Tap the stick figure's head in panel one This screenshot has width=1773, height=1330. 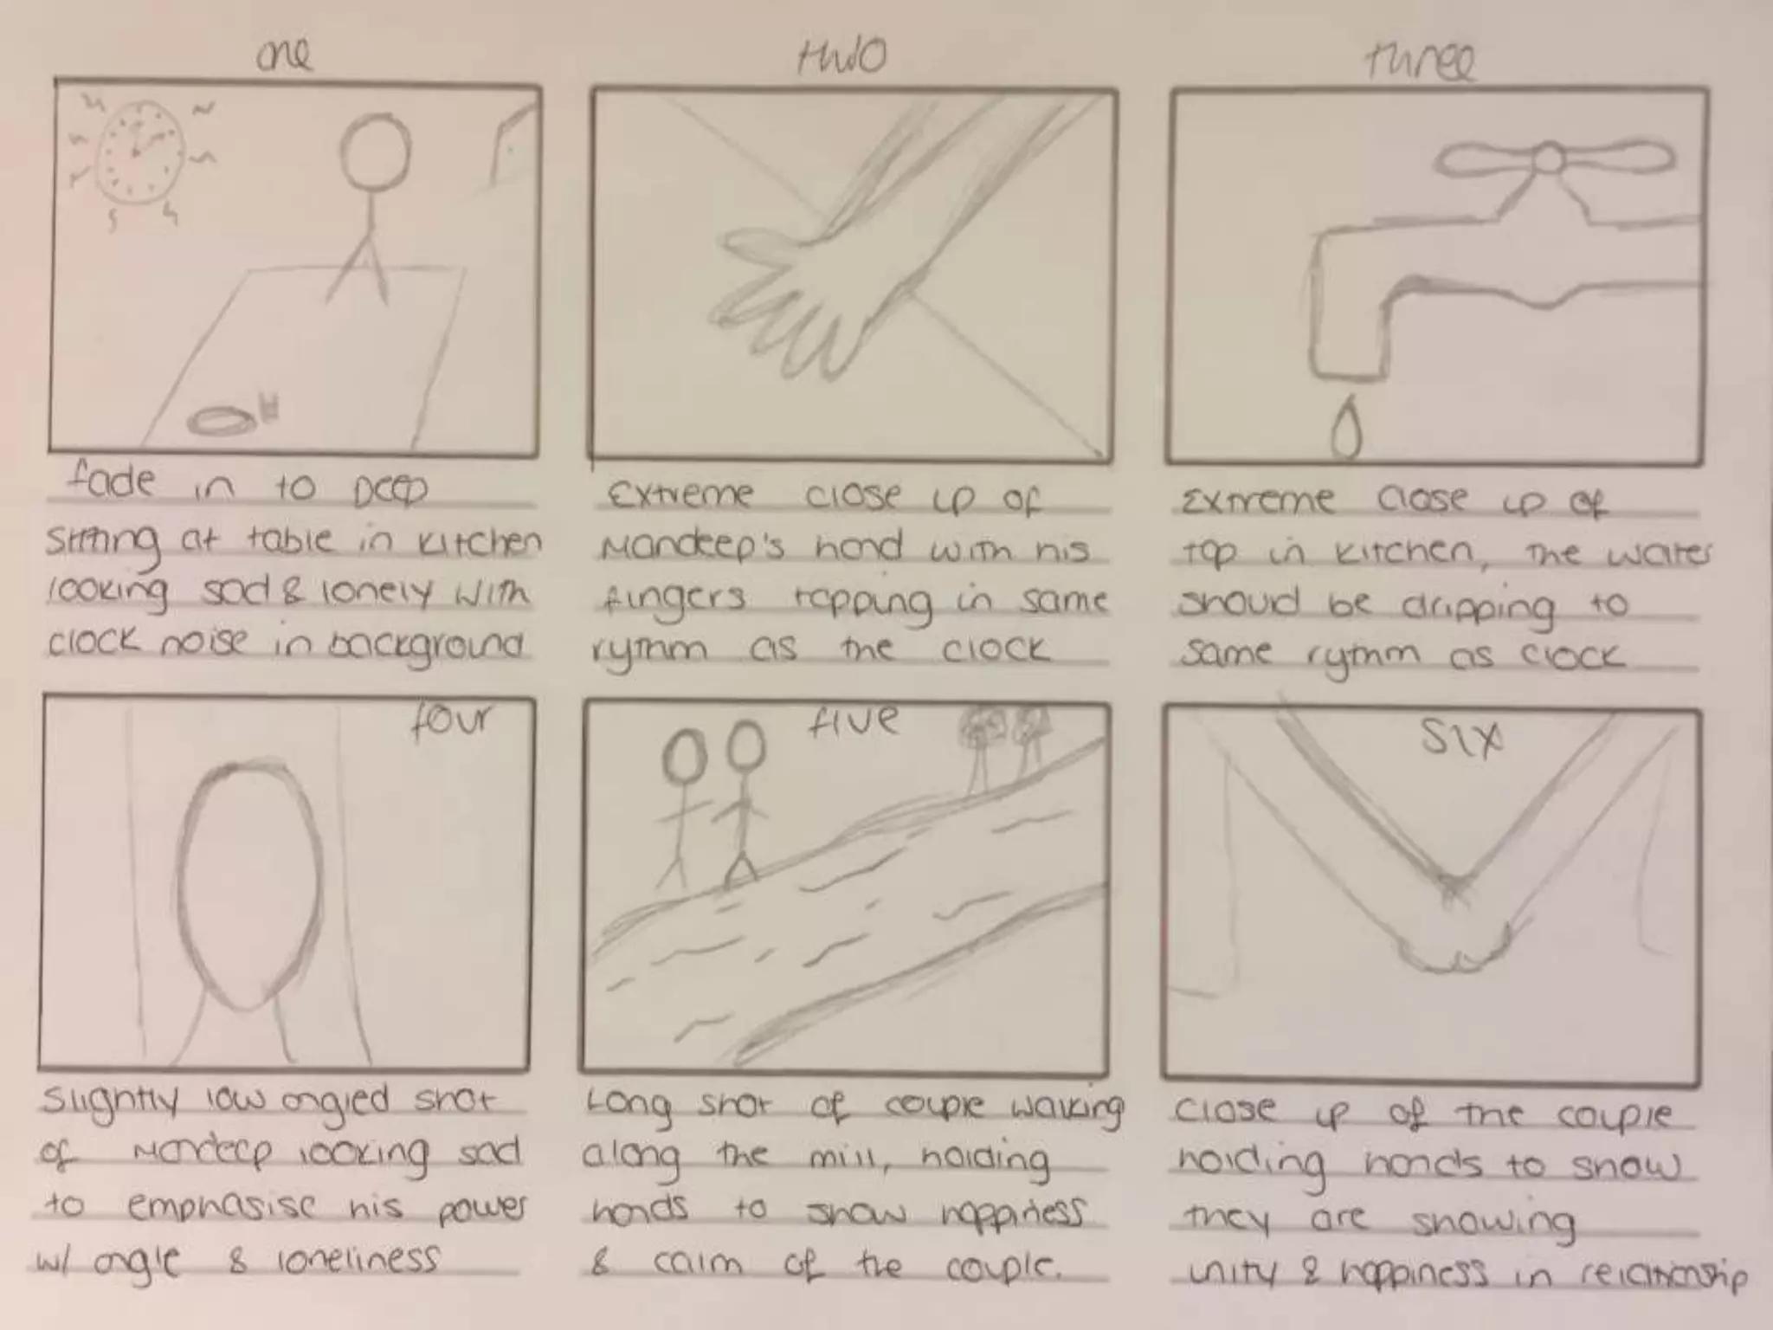[374, 152]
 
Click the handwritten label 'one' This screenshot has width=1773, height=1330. [284, 57]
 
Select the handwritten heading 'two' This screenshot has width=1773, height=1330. [841, 57]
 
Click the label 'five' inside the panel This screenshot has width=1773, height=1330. [853, 722]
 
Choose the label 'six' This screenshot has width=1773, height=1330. [1461, 740]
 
